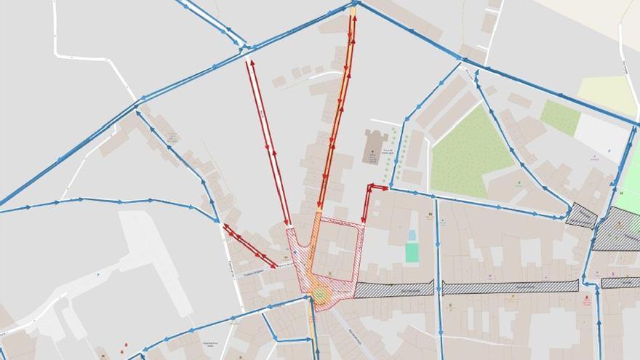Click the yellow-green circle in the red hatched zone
click(x=321, y=294)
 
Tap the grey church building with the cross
click(x=375, y=147)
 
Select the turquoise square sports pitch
click(x=412, y=252)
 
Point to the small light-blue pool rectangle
click(x=412, y=235)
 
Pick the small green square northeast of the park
click(x=560, y=117)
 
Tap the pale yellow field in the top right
click(x=607, y=92)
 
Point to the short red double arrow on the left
click(x=249, y=245)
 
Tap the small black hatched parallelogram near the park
click(x=581, y=215)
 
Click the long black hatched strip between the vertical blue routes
click(x=510, y=287)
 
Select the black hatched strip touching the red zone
click(x=393, y=289)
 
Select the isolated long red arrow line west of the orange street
click(x=268, y=143)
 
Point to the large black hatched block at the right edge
click(x=618, y=230)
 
